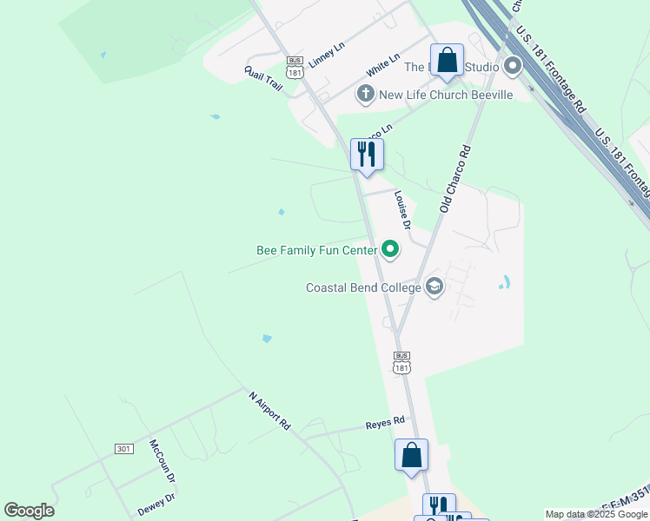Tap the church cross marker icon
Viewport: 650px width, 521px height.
[366, 94]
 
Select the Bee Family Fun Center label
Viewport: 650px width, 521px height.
[317, 251]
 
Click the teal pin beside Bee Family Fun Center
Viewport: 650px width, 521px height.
[390, 251]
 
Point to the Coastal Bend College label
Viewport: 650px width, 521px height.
[363, 287]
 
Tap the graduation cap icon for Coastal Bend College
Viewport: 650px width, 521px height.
[434, 287]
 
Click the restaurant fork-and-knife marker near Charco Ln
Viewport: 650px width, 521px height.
[367, 155]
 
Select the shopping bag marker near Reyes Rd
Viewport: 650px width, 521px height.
[411, 455]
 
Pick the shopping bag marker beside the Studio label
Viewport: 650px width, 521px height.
[448, 61]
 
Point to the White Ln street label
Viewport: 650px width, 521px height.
[383, 63]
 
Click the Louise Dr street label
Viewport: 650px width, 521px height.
[401, 210]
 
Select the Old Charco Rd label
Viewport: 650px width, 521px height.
[454, 179]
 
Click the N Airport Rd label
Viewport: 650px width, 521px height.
[269, 411]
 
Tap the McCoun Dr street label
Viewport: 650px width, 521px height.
[162, 460]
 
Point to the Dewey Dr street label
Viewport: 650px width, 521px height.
[156, 504]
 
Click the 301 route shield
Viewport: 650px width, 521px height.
[124, 448]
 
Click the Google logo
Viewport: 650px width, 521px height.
[30, 511]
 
